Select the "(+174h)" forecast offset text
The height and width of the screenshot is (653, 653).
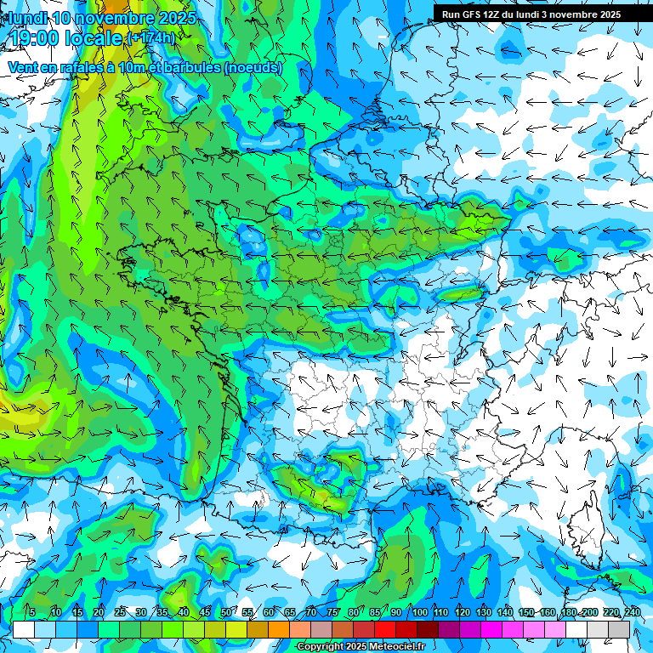click(150, 38)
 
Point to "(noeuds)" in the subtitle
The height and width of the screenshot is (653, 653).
click(253, 67)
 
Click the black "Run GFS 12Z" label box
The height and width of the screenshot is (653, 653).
click(531, 14)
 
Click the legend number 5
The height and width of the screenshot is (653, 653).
click(32, 612)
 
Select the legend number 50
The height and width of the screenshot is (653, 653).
click(225, 612)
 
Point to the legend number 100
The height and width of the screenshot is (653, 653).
click(419, 612)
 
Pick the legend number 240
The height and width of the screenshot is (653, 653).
click(632, 612)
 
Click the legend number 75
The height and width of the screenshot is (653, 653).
click(332, 612)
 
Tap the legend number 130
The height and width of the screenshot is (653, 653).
click(483, 612)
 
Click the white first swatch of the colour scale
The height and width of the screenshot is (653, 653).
click(23, 629)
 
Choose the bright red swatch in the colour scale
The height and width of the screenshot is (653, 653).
click(385, 629)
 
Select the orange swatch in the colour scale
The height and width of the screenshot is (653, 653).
click(278, 629)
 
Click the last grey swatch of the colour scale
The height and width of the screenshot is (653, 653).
click(619, 629)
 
